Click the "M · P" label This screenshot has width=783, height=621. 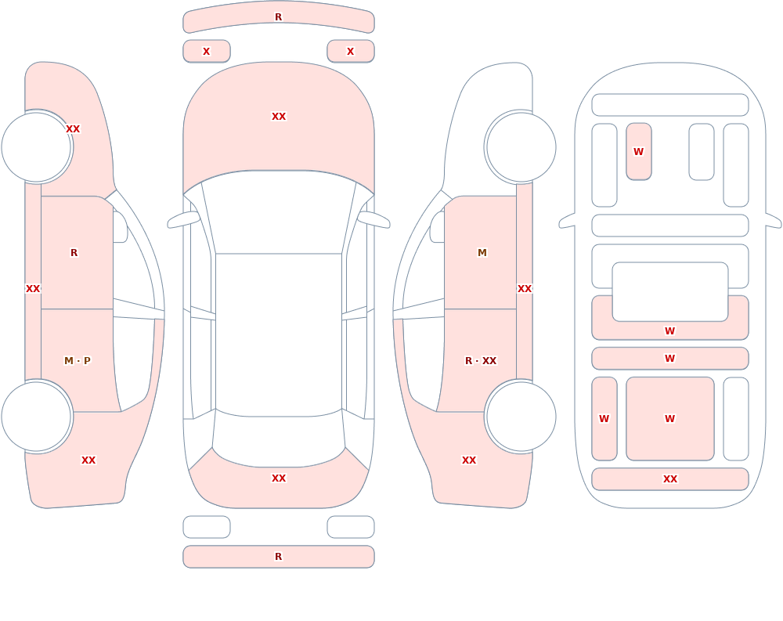78,361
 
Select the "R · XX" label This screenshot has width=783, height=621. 481,361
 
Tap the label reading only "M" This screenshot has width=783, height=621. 482,253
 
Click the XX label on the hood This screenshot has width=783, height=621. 279,117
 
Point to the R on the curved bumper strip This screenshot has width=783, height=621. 279,17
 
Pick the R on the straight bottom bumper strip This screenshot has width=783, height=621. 279,557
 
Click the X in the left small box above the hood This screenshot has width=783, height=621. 206,52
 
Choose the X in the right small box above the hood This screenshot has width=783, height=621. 351,52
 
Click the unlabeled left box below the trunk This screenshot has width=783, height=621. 207,527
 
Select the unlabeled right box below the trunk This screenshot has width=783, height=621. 351,527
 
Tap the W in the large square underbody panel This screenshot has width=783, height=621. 670,419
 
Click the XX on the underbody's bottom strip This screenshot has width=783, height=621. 670,479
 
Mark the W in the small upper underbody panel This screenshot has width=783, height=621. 639,151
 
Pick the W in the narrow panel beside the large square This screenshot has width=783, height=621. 604,419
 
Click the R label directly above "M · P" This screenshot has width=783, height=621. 74,253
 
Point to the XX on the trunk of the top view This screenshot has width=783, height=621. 279,478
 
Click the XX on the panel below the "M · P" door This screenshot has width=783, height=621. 88,460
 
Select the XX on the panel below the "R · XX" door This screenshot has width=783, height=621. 469,460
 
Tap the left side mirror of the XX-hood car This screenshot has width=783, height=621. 183,219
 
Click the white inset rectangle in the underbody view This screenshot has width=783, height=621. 670,292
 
